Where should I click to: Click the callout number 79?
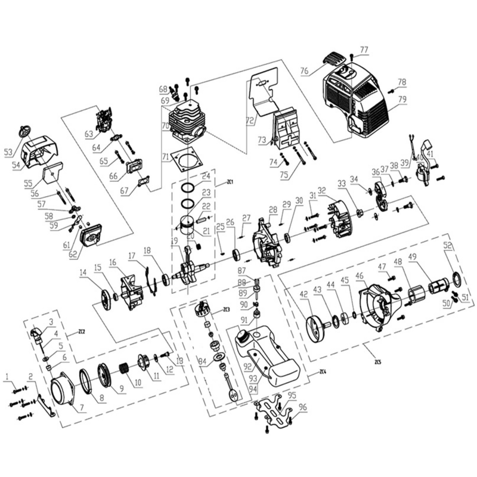click(402, 100)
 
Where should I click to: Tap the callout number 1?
click(7, 376)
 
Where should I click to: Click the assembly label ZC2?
click(82, 332)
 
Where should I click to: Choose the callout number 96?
click(303, 408)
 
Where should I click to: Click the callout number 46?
click(376, 276)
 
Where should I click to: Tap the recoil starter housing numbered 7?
click(64, 394)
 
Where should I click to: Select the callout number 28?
click(272, 209)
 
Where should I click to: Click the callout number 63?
click(89, 133)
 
